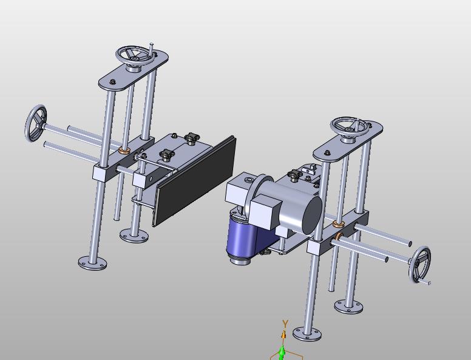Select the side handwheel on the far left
(x=36, y=123)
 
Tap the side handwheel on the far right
(x=419, y=265)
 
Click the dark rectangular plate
(x=196, y=180)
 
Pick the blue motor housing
(x=245, y=237)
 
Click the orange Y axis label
(x=285, y=324)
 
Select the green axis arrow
(x=282, y=353)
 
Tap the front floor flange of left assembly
(x=92, y=263)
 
